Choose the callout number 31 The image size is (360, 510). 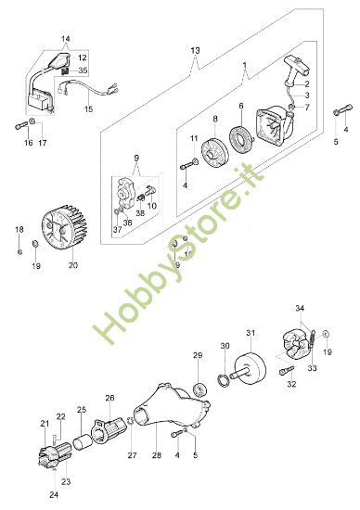tap(250, 333)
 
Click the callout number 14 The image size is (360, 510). tap(65, 39)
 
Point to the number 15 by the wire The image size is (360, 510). tap(89, 108)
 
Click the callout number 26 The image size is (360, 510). tap(109, 399)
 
